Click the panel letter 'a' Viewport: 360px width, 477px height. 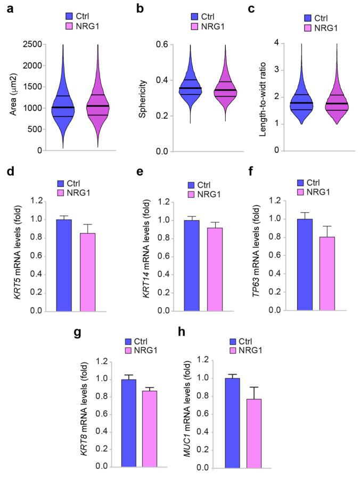(8, 7)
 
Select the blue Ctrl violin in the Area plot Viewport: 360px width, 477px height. (63, 112)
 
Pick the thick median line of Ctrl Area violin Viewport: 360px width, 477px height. (63, 107)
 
